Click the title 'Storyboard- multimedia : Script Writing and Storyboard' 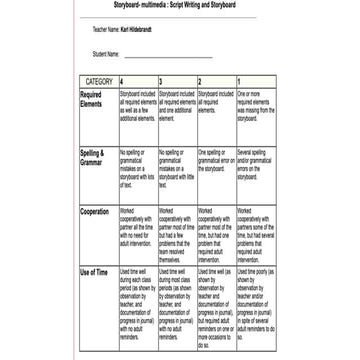click(x=180, y=4)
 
